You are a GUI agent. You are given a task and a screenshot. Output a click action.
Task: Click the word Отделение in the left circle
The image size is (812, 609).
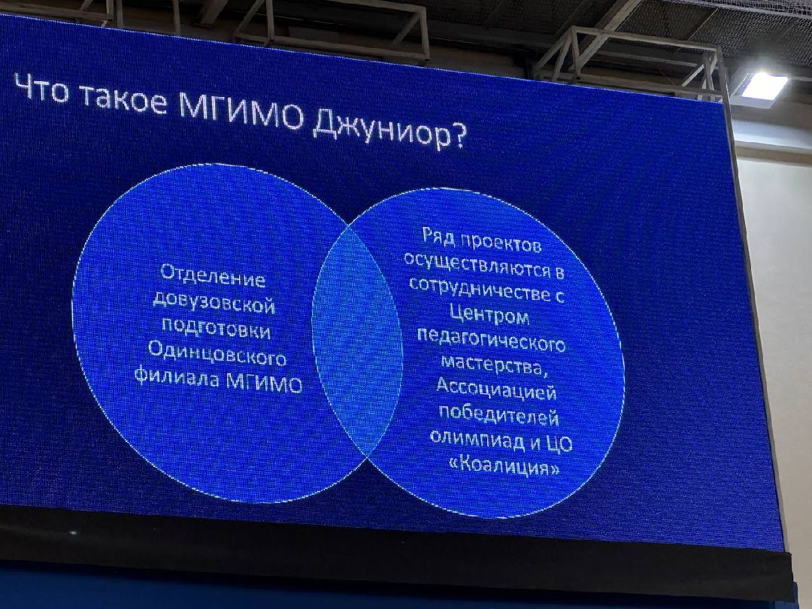(214, 277)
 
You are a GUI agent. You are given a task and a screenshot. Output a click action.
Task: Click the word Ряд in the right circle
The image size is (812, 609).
(437, 238)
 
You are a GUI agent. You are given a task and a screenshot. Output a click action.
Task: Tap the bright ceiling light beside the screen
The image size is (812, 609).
(763, 86)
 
